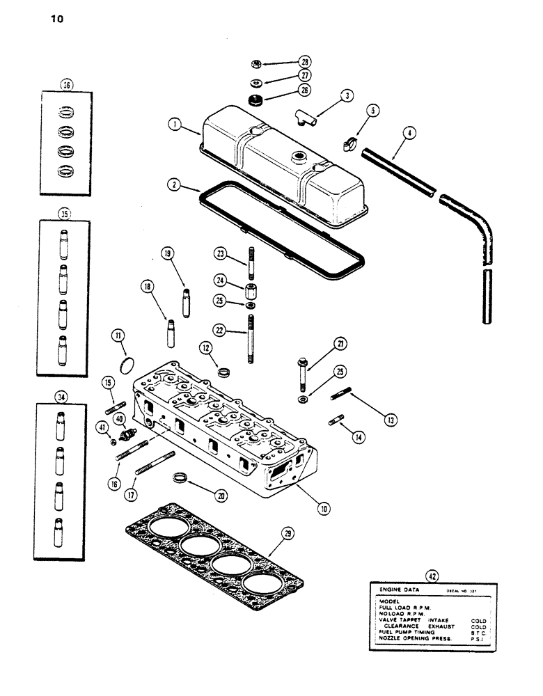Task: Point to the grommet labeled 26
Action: click(x=255, y=98)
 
